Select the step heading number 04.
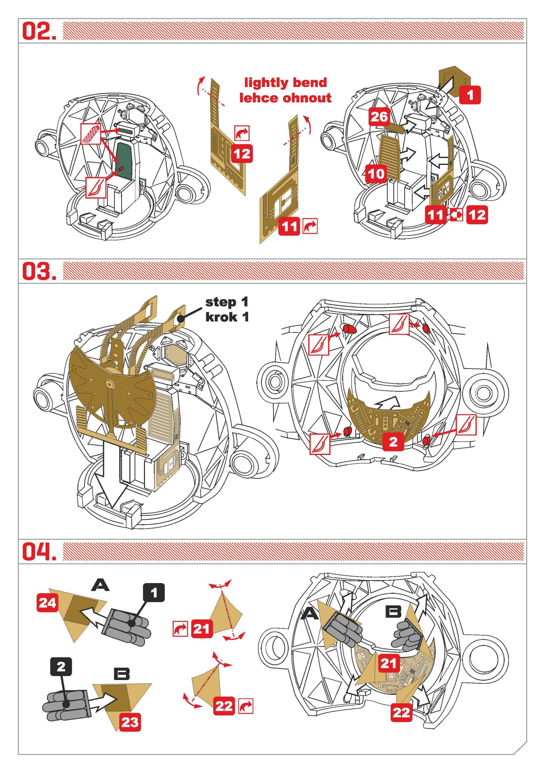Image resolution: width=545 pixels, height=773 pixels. pos(39,551)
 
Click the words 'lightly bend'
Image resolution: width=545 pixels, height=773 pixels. pos(285,82)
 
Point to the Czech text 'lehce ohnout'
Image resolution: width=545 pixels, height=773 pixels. pos(285,98)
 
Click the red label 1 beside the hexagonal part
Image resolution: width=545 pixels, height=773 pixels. pos(470,95)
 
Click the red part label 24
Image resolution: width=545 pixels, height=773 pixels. pos(47,603)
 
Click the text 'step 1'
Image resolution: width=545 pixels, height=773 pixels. pos(227,302)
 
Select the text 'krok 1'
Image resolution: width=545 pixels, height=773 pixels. pos(227,317)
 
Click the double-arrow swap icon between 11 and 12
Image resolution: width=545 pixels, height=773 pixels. pos(456,214)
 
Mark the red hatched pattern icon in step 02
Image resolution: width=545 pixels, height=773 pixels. pos(90,134)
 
